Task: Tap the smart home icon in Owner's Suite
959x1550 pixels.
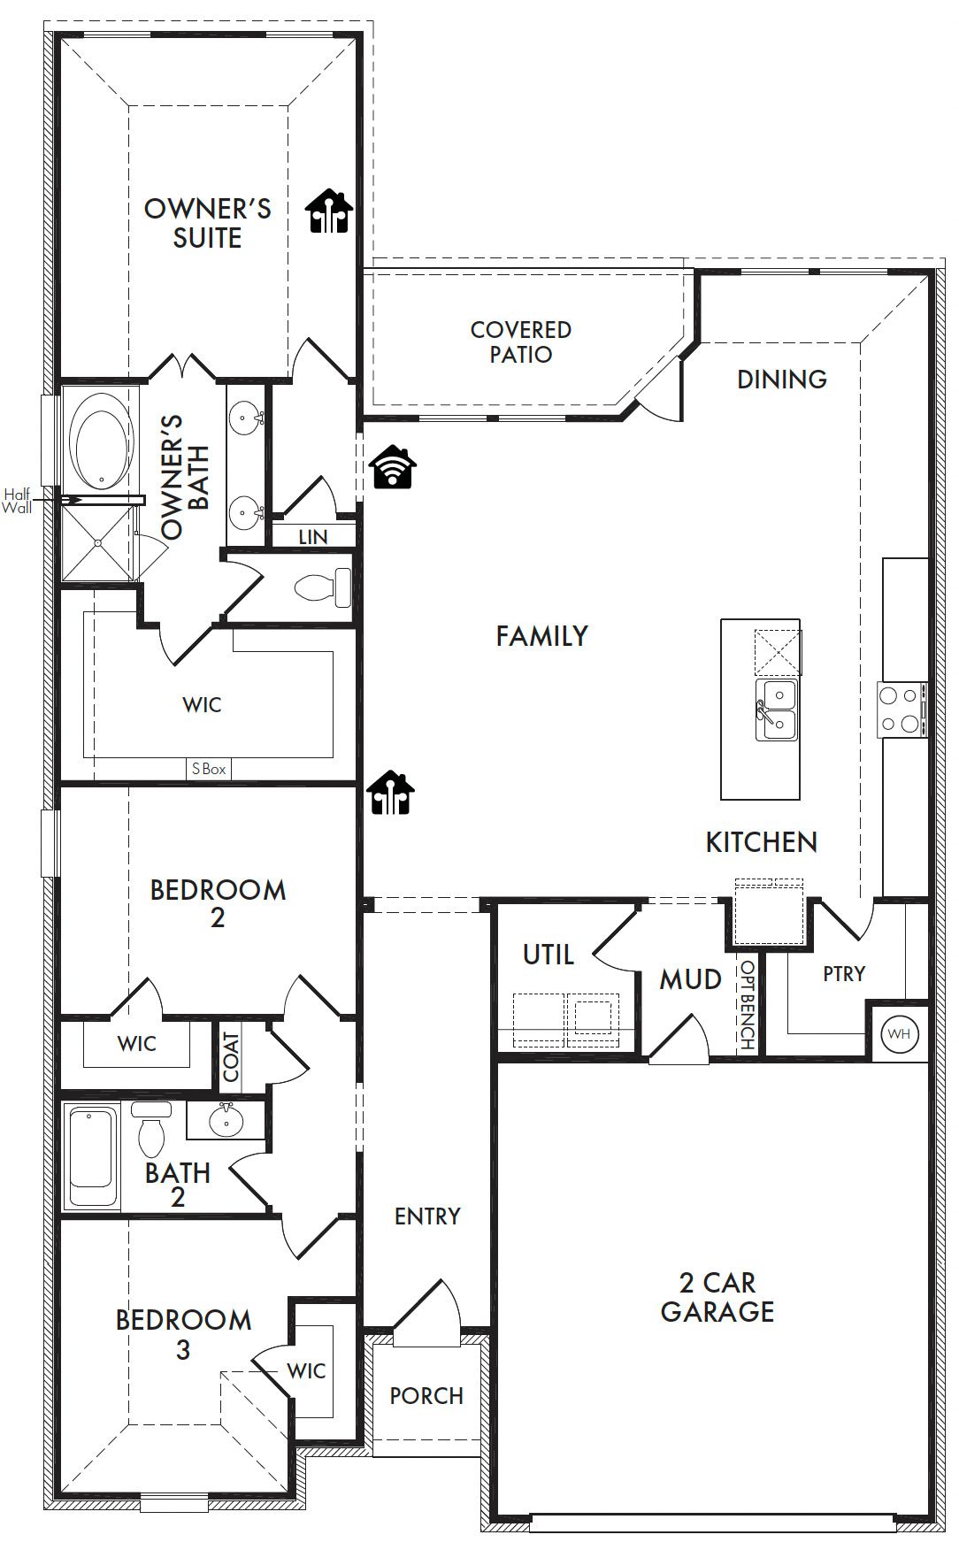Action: [x=329, y=211]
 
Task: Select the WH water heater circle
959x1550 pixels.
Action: [x=899, y=1033]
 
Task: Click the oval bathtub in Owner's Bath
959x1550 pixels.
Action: [x=102, y=441]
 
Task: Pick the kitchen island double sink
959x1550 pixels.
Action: [x=776, y=710]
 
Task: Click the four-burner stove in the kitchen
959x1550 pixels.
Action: [x=901, y=710]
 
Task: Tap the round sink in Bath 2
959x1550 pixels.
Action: [x=226, y=1121]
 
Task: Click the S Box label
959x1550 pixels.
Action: [x=209, y=770]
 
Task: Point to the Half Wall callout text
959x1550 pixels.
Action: [x=17, y=501]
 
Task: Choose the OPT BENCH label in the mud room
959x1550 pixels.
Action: [x=748, y=1005]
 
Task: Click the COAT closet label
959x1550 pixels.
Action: [x=231, y=1056]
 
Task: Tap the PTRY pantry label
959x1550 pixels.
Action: [x=844, y=974]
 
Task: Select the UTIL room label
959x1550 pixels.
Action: [x=549, y=955]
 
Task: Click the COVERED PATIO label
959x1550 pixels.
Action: [x=521, y=342]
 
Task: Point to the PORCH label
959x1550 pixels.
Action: [x=426, y=1396]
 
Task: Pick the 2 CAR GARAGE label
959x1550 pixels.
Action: [x=717, y=1297]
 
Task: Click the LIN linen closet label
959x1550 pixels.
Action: [x=313, y=537]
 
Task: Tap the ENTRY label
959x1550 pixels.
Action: [x=427, y=1216]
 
